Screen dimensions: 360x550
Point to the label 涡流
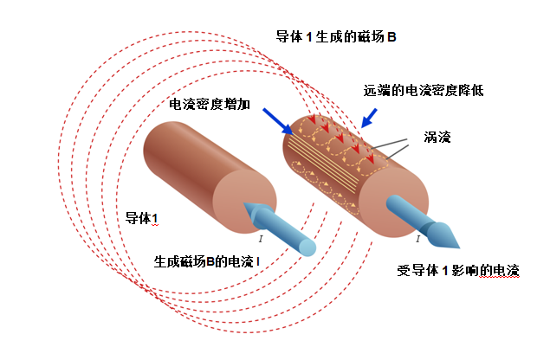point(437,137)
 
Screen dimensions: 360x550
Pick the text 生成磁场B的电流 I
point(207,260)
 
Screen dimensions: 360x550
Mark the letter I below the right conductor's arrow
point(418,238)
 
